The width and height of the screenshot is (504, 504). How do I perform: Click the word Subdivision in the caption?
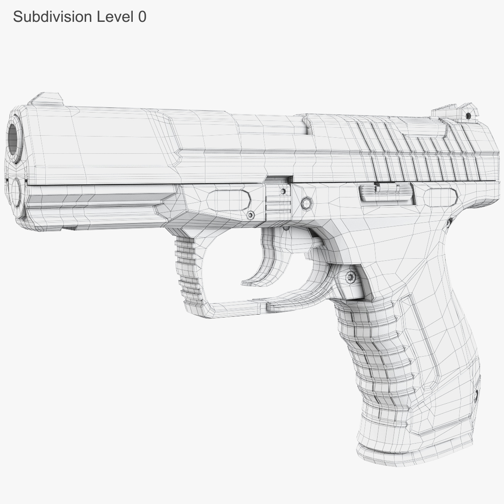click(52, 16)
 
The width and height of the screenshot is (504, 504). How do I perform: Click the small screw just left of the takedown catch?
click(251, 215)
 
